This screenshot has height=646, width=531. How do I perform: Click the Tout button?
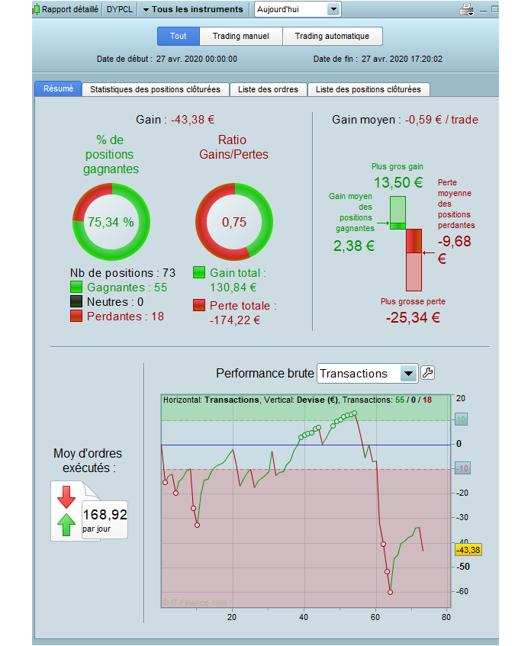tap(179, 36)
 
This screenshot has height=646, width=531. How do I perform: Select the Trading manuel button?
tap(240, 36)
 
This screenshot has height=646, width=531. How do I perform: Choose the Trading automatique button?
tap(332, 36)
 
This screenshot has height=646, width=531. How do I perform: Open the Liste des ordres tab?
tap(267, 89)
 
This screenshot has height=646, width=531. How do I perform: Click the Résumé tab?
tap(58, 88)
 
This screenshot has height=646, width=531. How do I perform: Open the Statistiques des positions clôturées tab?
tap(155, 89)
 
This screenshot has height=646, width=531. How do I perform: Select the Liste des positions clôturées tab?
tap(368, 89)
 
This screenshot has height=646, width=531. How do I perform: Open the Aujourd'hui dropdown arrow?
tap(333, 9)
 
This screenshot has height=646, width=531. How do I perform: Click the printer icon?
tap(466, 9)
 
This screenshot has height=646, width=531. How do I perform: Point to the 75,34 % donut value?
tap(111, 222)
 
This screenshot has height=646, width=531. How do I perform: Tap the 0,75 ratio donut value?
tap(234, 222)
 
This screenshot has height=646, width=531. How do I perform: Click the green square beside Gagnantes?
tap(76, 288)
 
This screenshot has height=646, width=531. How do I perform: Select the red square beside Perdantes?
tap(76, 316)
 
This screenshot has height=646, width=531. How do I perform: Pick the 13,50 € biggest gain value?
tap(397, 182)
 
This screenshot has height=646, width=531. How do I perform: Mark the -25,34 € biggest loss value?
tap(413, 317)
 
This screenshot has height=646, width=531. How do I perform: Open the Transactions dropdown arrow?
tap(409, 373)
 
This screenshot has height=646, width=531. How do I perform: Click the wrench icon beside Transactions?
tap(428, 373)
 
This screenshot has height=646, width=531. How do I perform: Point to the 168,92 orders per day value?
tap(105, 515)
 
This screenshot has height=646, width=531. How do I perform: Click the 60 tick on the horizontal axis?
tap(375, 617)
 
